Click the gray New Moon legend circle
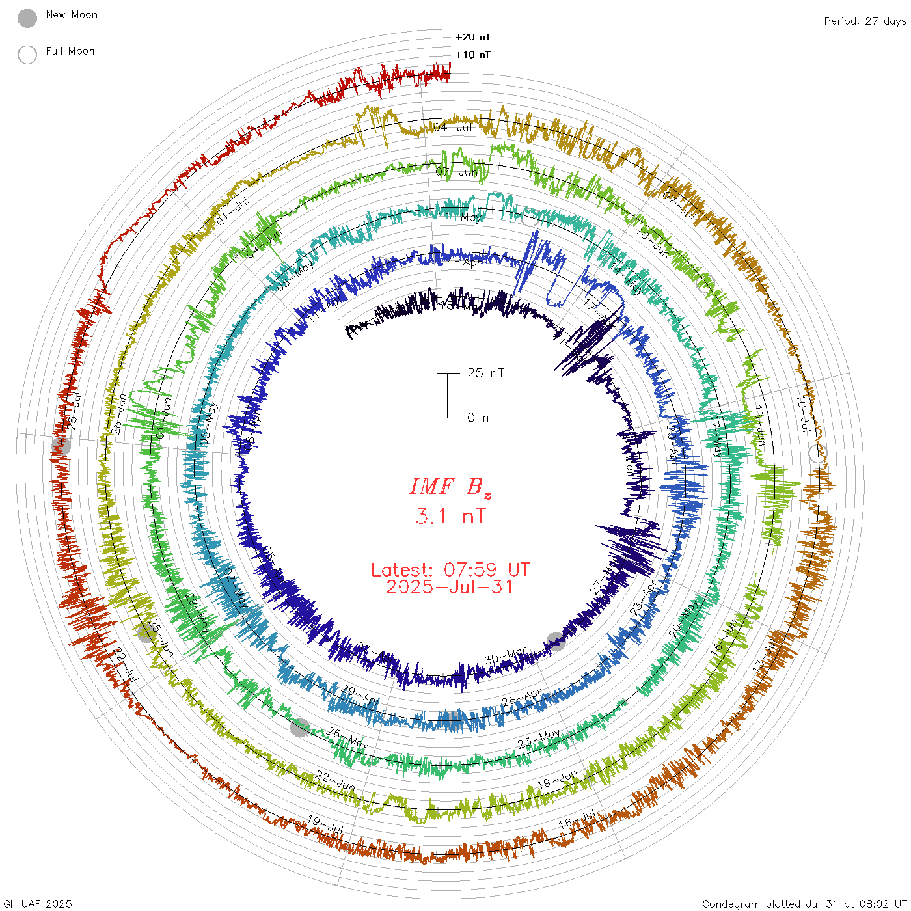[x=27, y=18]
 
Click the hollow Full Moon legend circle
[x=27, y=55]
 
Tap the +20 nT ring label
[x=473, y=37]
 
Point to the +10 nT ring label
[x=473, y=55]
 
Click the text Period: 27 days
[x=865, y=21]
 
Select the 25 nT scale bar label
[x=485, y=373]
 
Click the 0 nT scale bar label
[x=482, y=417]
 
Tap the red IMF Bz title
[x=450, y=487]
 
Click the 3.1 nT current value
[x=450, y=516]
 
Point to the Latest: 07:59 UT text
[x=450, y=570]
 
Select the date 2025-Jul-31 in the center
[x=450, y=587]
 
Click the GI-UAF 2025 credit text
[x=36, y=904]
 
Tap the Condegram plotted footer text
[x=804, y=904]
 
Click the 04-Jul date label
[x=453, y=127]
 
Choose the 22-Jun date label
[x=335, y=780]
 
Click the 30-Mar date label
[x=506, y=656]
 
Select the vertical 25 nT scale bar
[x=448, y=395]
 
